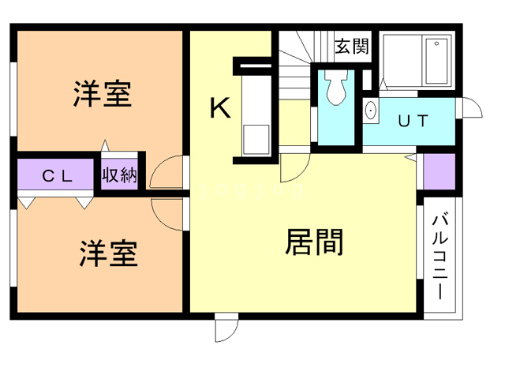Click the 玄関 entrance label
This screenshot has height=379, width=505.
point(351,47)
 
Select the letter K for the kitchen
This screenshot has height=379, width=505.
point(220,107)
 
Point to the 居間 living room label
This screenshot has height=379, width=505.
point(313,241)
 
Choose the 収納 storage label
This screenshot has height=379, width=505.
point(119,175)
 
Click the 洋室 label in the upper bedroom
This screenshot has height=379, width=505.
point(102,94)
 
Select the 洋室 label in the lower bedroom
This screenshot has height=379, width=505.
point(108,254)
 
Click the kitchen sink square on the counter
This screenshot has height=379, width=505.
point(256,139)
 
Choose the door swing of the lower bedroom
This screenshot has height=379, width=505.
point(169,212)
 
